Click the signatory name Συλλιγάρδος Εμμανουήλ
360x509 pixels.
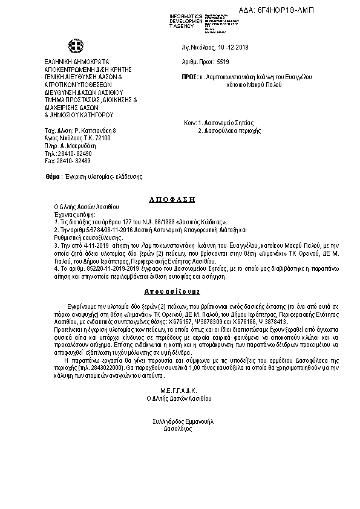point(180,420)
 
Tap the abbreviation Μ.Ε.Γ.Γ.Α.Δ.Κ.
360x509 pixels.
point(180,391)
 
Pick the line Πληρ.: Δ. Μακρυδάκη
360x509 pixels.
point(71,146)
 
